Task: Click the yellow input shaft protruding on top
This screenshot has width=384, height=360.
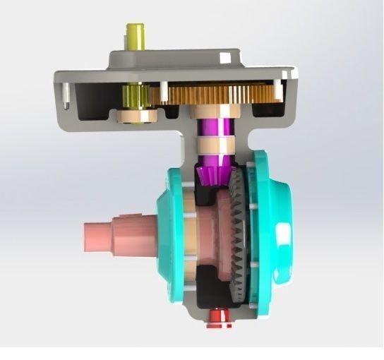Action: click(135, 36)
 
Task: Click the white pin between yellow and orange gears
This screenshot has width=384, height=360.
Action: click(164, 91)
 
